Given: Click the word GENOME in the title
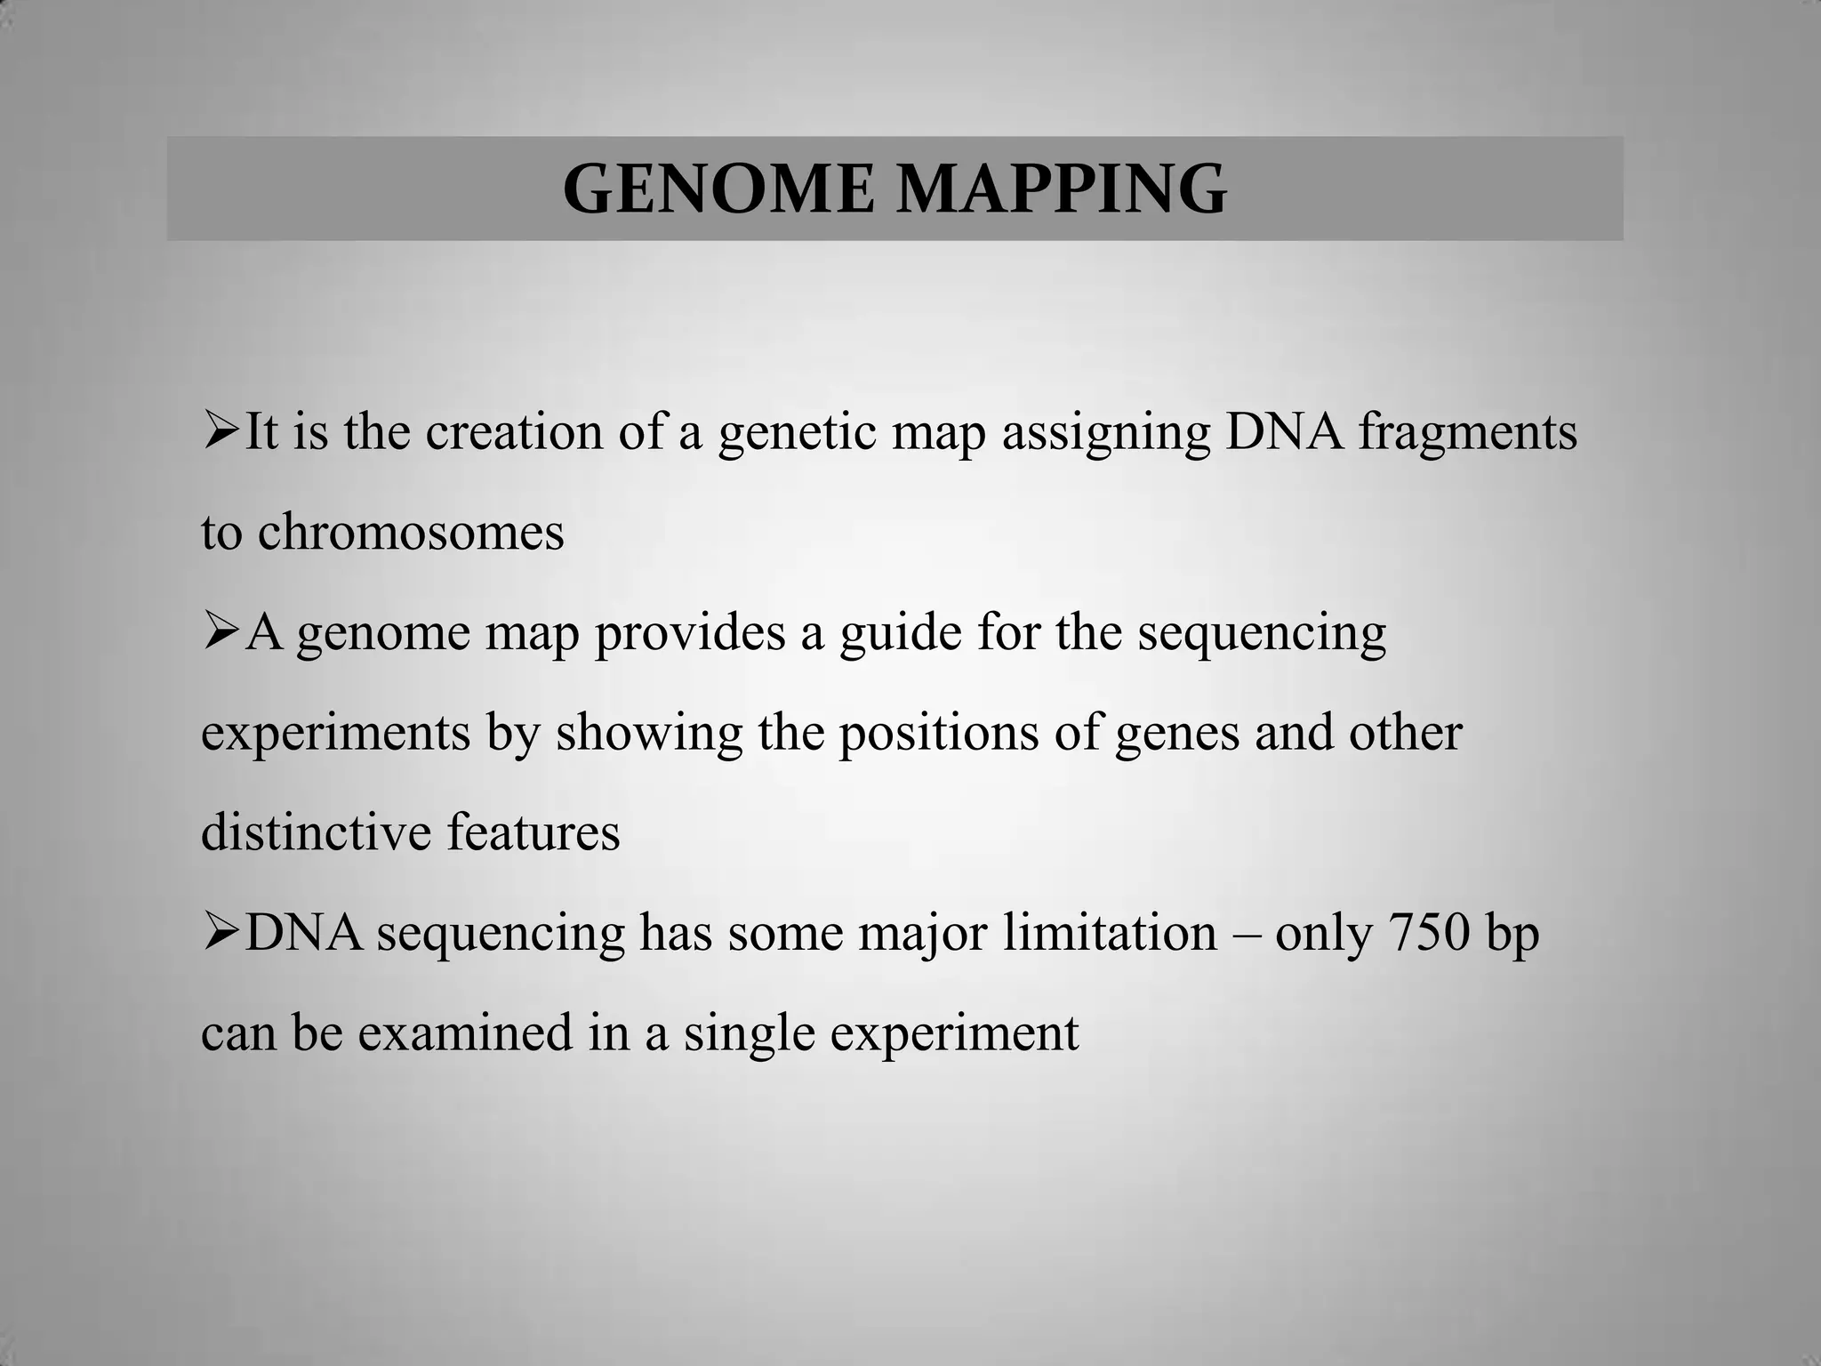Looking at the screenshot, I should (718, 189).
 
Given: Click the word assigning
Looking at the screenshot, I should (1106, 434).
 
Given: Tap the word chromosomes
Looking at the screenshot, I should (411, 533).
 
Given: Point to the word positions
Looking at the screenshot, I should (939, 734).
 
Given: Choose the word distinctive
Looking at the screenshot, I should (316, 832).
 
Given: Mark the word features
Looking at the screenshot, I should (533, 832).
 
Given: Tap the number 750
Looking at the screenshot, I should (1426, 933).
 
